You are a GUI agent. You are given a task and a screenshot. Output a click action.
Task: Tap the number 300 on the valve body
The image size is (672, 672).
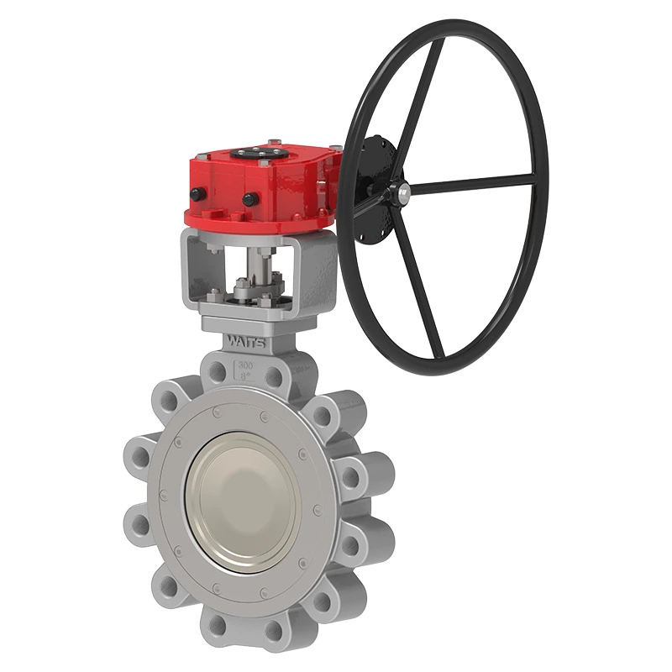pyautogui.click(x=246, y=365)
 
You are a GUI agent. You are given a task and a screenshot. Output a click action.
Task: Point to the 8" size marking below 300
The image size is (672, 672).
pyautogui.click(x=246, y=377)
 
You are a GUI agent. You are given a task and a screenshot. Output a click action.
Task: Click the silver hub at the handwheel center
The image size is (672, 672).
pyautogui.click(x=404, y=192)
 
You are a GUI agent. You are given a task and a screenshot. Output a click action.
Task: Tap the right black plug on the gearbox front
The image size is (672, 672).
pyautogui.click(x=249, y=200)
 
